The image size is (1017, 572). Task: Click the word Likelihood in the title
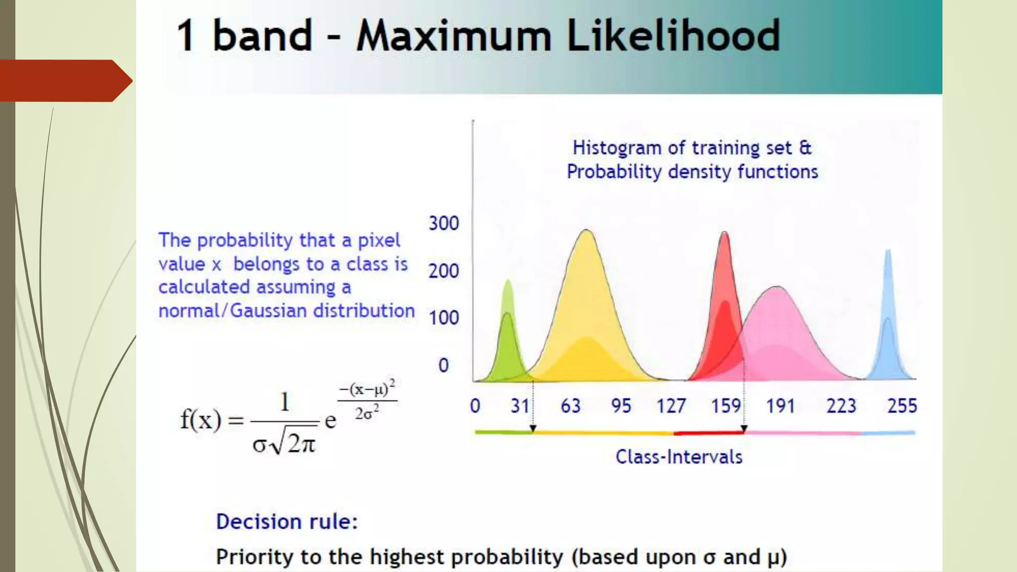[x=673, y=36]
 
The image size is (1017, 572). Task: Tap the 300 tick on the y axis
[x=443, y=223]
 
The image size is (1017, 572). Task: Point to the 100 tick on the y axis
[x=443, y=318]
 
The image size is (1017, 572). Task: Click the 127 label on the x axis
[x=671, y=406]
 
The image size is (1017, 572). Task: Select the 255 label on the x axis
[x=902, y=406]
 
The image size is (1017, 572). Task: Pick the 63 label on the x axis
[x=571, y=406]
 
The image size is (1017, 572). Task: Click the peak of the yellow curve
[x=586, y=230]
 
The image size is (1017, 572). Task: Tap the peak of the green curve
[x=508, y=281]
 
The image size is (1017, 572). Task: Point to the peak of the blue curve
[x=888, y=250]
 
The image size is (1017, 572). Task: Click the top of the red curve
[x=725, y=232]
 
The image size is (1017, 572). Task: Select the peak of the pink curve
[x=777, y=287]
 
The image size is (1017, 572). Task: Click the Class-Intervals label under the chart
[x=679, y=457]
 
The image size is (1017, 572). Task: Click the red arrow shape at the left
[x=65, y=80]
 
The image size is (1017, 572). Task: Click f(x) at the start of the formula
[x=200, y=420]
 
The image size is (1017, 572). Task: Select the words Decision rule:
[x=287, y=522]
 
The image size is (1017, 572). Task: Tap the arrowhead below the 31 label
[x=533, y=428]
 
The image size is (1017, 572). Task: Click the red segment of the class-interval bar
[x=709, y=433]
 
